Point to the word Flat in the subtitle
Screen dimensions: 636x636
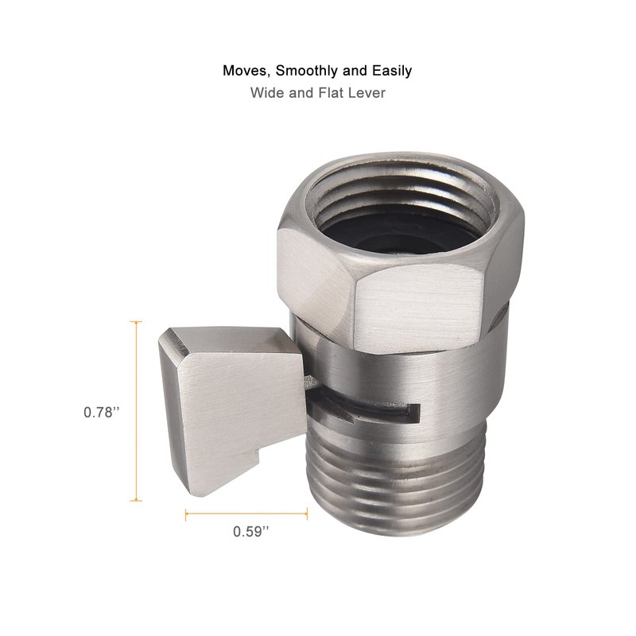tap(330, 93)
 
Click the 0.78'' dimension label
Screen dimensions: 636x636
tap(102, 412)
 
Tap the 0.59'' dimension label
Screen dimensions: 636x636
tap(250, 531)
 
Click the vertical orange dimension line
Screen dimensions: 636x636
tap(136, 411)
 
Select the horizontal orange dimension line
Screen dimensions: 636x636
tap(246, 514)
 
